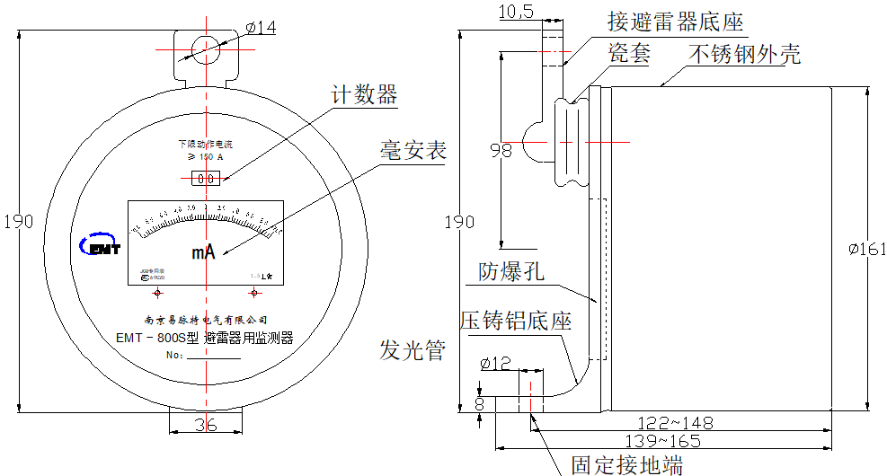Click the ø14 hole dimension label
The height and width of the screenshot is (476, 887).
point(261,28)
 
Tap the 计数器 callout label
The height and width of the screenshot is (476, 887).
point(364,94)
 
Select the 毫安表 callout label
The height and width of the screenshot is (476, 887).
point(412,150)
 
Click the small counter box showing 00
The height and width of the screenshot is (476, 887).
point(206,179)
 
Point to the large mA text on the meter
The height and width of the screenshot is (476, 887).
point(203,252)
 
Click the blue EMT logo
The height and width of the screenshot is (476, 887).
point(99,245)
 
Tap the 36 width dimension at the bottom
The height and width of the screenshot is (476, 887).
point(206,425)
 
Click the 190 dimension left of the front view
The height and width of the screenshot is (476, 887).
point(18,222)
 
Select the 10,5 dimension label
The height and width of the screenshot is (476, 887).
point(515,11)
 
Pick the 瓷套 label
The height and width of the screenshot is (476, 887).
point(628,53)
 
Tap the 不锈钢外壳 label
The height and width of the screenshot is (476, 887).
point(744,54)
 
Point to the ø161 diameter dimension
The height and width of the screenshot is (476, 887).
point(868,250)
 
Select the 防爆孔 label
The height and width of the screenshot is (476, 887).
point(511,272)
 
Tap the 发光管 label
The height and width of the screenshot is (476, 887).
point(412,351)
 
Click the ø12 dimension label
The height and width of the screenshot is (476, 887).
point(495,364)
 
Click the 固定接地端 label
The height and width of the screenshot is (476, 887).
point(626,463)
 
